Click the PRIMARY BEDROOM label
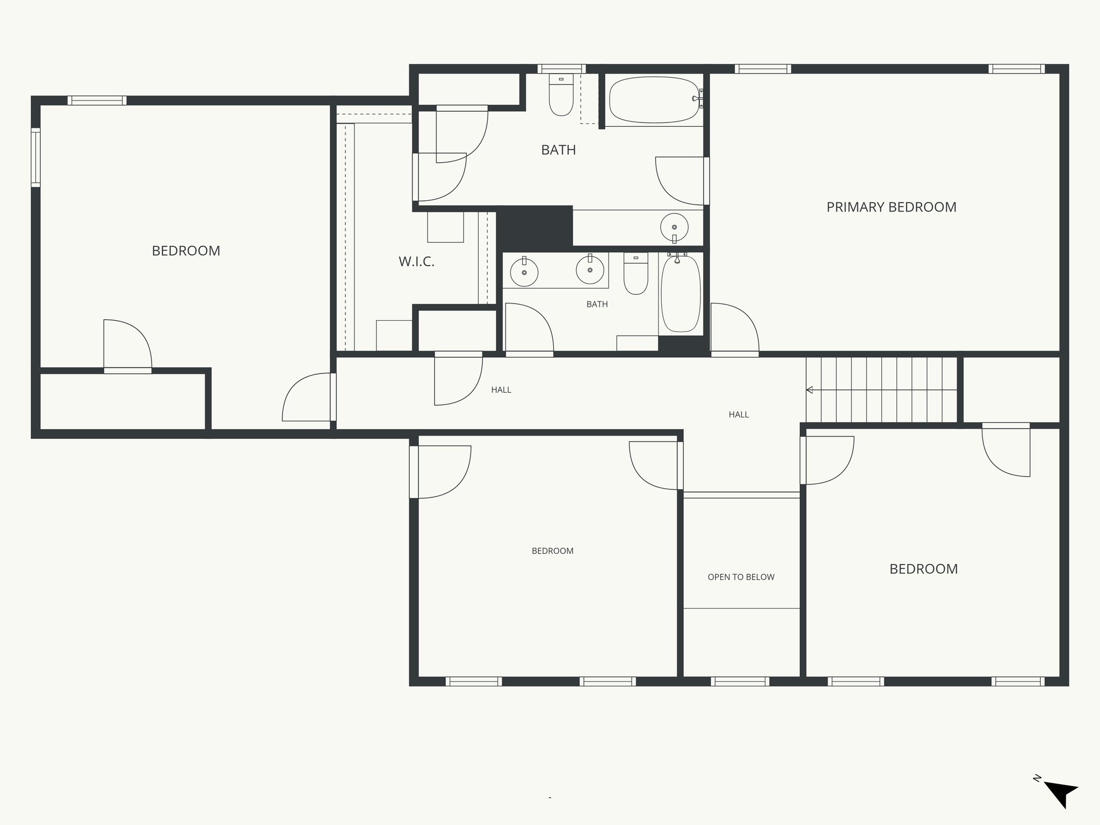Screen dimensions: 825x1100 pos(891,207)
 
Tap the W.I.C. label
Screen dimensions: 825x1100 pos(416,262)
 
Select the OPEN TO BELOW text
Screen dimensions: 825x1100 pos(741,577)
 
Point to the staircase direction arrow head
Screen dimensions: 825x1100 pos(809,390)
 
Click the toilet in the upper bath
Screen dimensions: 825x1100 pos(561,97)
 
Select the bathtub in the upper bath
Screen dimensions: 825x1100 pos(654,100)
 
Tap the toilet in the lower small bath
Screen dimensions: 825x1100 pos(636,274)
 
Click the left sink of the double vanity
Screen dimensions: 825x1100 pos(524,272)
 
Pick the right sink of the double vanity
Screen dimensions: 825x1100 pos(590,270)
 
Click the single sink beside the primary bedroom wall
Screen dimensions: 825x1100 pos(674,228)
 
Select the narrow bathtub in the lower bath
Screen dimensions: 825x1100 pos(681,294)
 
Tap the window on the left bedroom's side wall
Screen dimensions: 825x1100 pos(35,157)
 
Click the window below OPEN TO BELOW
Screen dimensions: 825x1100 pos(740,681)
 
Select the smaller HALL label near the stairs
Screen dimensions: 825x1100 pos(739,415)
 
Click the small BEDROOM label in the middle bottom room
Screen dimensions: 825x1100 pos(552,551)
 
